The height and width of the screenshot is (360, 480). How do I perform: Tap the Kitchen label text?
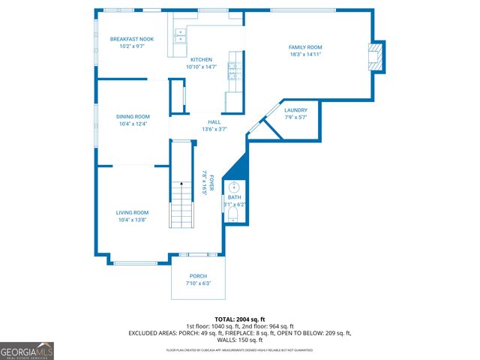pyautogui.click(x=201, y=60)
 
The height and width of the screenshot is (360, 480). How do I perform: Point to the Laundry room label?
pyautogui.click(x=295, y=110)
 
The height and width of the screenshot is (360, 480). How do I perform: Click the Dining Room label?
pyautogui.click(x=133, y=117)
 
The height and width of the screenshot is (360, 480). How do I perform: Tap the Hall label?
pyautogui.click(x=214, y=122)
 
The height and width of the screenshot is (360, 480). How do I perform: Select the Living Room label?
pyautogui.click(x=131, y=213)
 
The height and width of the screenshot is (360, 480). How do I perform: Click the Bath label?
pyautogui.click(x=234, y=198)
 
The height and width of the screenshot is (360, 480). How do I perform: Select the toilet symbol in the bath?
pyautogui.click(x=234, y=216)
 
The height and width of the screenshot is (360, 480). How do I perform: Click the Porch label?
pyautogui.click(x=198, y=276)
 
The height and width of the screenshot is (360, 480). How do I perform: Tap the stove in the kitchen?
pyautogui.click(x=233, y=70)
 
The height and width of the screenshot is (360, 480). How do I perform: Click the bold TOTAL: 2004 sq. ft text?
pyautogui.click(x=240, y=319)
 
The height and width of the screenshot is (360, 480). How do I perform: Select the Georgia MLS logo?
pyautogui.click(x=27, y=350)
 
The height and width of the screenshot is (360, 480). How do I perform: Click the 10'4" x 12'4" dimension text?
pyautogui.click(x=133, y=124)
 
